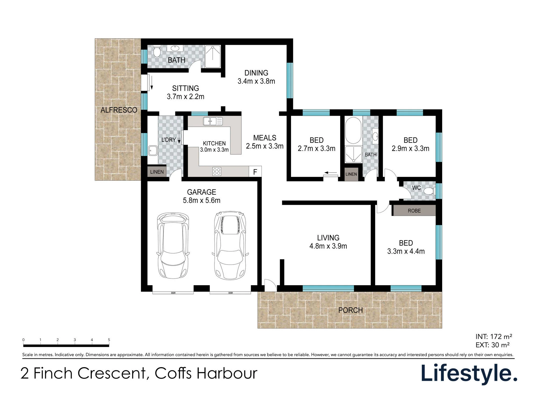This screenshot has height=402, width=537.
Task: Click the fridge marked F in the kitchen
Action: pyautogui.click(x=255, y=172)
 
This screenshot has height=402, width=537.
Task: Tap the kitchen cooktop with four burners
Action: pyautogui.click(x=217, y=172)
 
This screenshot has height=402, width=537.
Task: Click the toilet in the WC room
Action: pyautogui.click(x=429, y=191)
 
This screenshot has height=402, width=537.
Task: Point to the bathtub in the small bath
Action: pyautogui.click(x=353, y=131)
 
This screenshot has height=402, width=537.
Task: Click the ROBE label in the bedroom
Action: pyautogui.click(x=414, y=211)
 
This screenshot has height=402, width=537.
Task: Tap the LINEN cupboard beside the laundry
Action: pyautogui.click(x=157, y=172)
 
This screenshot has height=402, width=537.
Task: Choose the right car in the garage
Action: pyautogui.click(x=230, y=245)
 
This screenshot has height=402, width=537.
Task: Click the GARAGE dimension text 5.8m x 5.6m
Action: pyautogui.click(x=202, y=200)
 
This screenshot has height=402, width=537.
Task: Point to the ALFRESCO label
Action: pyautogui.click(x=119, y=110)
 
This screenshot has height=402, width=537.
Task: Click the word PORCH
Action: pyautogui.click(x=350, y=310)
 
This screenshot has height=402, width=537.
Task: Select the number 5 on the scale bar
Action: pyautogui.click(x=109, y=340)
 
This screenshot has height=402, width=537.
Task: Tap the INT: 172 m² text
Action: pyautogui.click(x=494, y=337)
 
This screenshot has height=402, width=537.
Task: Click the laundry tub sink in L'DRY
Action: pyautogui.click(x=153, y=151)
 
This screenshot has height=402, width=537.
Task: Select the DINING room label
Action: pyautogui.click(x=256, y=73)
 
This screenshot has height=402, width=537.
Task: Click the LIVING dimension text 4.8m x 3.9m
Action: pyautogui.click(x=328, y=246)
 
